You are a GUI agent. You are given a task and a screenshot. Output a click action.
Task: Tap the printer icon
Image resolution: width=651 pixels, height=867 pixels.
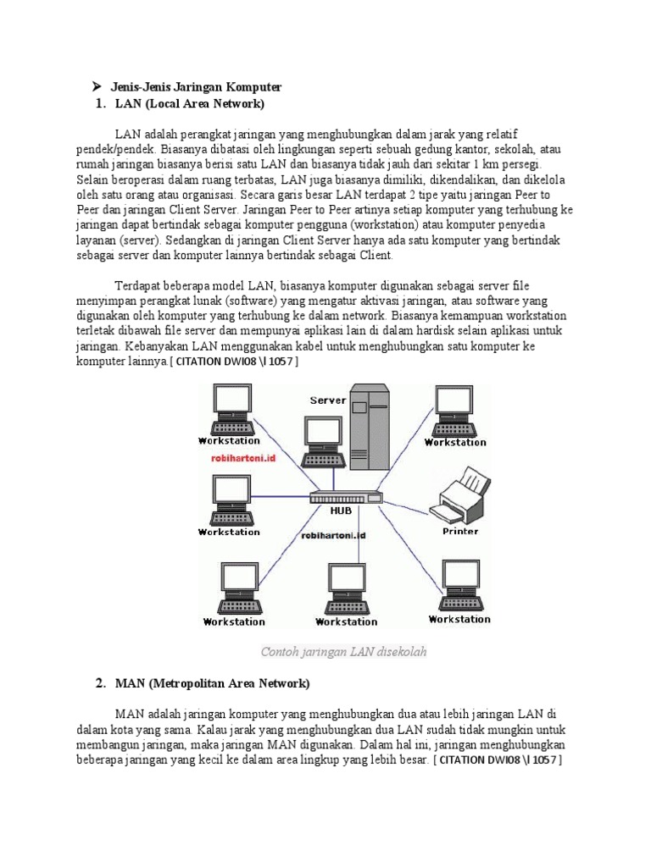coord(459,495)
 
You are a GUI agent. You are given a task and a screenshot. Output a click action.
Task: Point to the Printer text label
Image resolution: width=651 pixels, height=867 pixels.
coord(459,532)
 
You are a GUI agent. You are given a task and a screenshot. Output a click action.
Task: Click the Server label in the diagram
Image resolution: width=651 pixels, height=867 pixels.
coord(327,400)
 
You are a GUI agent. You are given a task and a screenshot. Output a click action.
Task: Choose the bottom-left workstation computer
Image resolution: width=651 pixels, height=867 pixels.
coord(234,589)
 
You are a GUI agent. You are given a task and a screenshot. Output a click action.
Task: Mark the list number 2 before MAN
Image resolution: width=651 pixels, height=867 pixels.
coord(100,682)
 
